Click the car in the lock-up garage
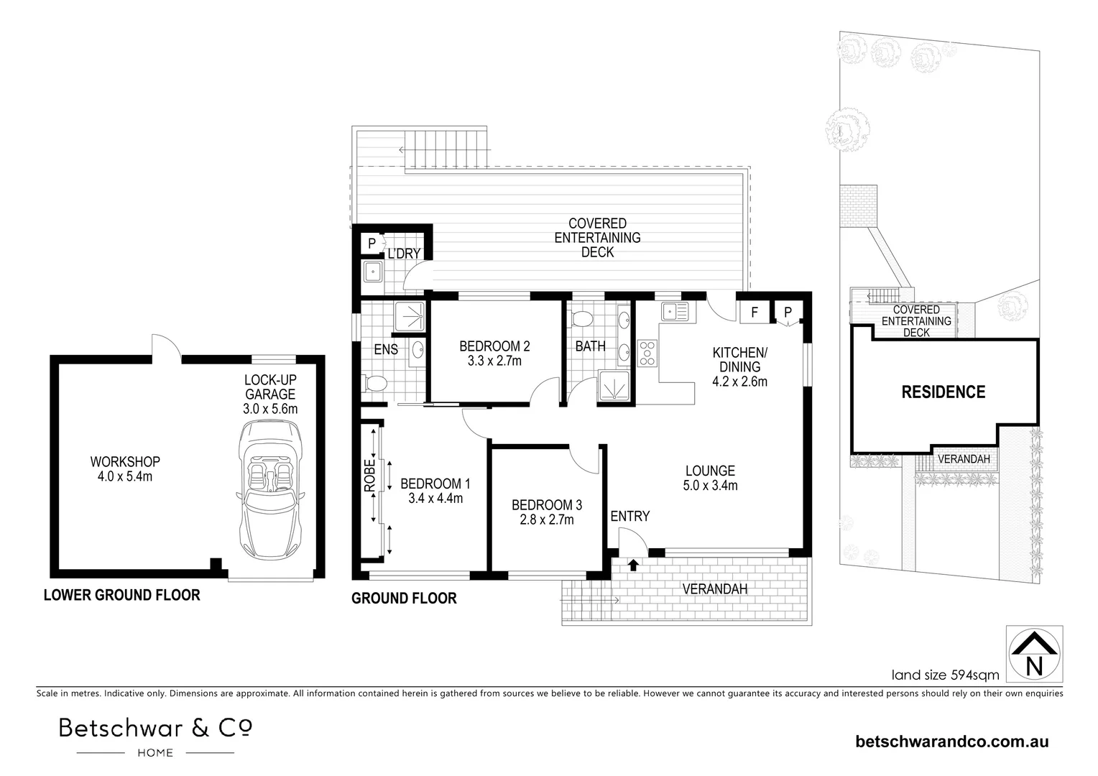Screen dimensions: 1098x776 (271, 489)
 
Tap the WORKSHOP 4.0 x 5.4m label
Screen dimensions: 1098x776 (125, 468)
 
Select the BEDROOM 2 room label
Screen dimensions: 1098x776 (494, 346)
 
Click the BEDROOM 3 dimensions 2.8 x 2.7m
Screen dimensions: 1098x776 (547, 519)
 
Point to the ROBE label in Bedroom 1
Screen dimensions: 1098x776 (369, 475)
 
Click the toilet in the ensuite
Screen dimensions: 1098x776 (374, 383)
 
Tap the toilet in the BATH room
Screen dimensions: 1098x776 (582, 319)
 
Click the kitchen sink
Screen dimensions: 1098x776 (675, 311)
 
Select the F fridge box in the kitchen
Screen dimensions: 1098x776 (755, 312)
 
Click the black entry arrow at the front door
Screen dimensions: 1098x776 (633, 565)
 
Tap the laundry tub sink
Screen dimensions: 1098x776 (373, 272)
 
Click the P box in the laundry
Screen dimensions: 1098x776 (372, 243)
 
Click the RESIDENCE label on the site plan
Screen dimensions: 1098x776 (944, 392)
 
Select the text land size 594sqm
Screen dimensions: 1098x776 (945, 675)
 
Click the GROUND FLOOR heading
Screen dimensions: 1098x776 (404, 598)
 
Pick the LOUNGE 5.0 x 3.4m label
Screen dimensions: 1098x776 (710, 478)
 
